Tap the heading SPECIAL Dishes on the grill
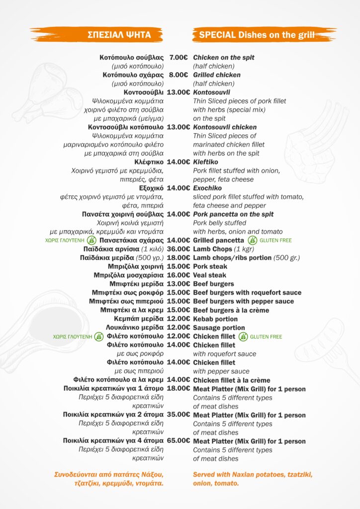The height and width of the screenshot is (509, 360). tap(257, 34)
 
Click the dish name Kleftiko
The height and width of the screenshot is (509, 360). tap(205, 162)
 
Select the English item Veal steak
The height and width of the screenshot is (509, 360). tap(209, 275)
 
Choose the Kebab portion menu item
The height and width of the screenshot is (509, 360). tap(215, 319)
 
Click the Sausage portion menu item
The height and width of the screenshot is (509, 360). tap(219, 328)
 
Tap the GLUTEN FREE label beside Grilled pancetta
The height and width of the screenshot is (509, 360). tap(270, 241)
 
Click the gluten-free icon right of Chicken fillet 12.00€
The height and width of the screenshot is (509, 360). tap(243, 337)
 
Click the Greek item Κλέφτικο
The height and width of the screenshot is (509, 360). tap(149, 162)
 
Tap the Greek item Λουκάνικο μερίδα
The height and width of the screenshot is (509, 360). tap(135, 328)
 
